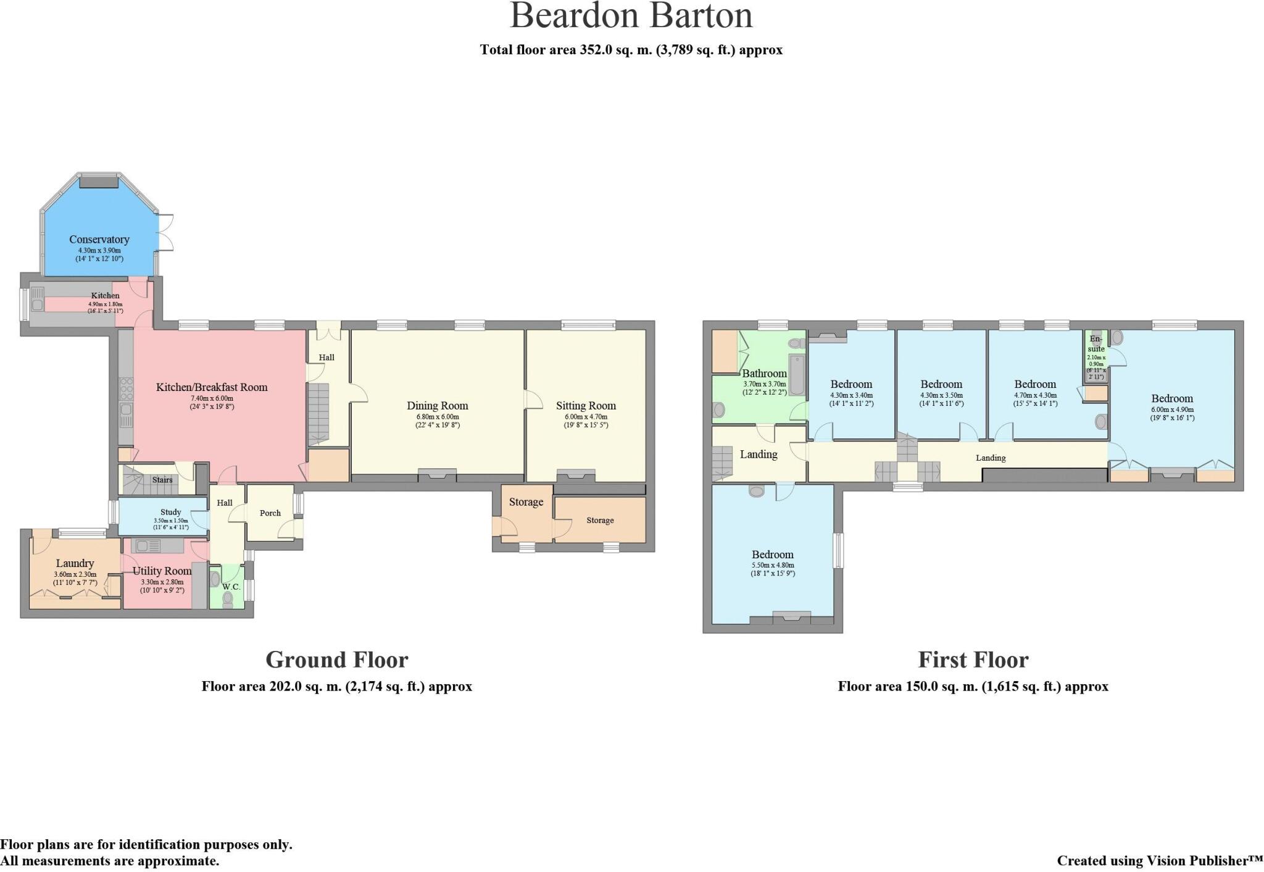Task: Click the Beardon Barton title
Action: click(631, 16)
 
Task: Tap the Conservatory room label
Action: click(99, 240)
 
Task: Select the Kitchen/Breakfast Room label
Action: click(212, 388)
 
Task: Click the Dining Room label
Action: click(438, 406)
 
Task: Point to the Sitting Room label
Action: click(586, 406)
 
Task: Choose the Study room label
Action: click(171, 512)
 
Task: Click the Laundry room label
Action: click(75, 563)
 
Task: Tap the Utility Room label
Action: click(162, 571)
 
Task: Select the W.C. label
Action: click(231, 587)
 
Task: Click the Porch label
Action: click(270, 513)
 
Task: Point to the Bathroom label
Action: click(764, 374)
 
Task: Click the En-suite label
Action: click(1096, 344)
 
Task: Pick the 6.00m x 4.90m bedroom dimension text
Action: click(1171, 409)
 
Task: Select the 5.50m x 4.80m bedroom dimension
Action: click(773, 565)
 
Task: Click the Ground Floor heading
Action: click(337, 660)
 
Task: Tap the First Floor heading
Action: click(973, 660)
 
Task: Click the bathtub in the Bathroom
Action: click(797, 375)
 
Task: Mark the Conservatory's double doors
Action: click(165, 232)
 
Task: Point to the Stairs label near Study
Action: click(162, 480)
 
